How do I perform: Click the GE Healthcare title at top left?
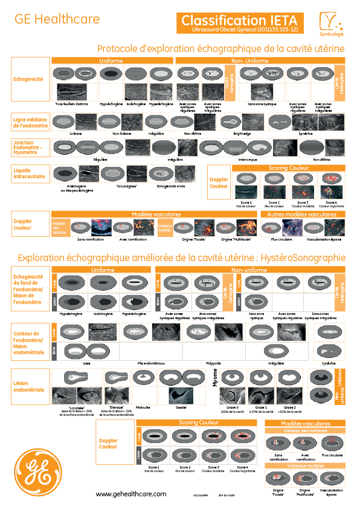[x=57, y=19]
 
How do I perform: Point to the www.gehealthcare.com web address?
[x=131, y=494]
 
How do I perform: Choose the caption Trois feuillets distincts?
[x=72, y=105]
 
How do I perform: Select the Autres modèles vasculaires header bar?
[x=303, y=214]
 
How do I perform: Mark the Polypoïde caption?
[x=214, y=364]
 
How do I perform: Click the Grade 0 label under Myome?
[x=232, y=408]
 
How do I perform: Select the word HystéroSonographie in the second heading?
[x=307, y=258]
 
